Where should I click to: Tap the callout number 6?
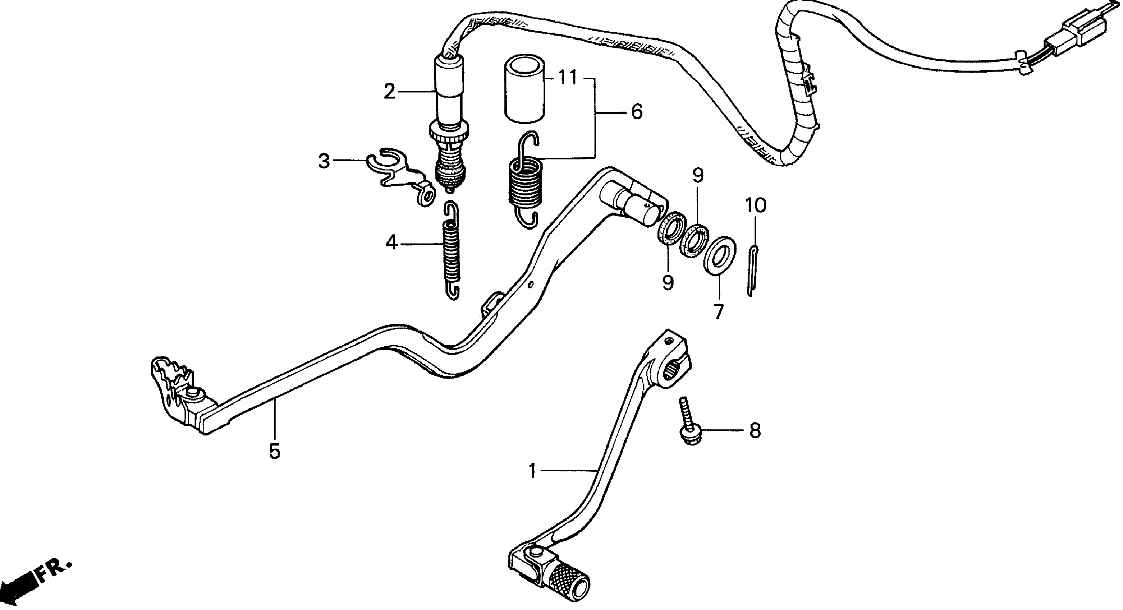(637, 112)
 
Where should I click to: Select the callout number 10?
(756, 205)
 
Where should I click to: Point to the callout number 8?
(755, 431)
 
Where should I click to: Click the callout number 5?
(275, 452)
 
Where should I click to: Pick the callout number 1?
(532, 471)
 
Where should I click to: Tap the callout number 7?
(718, 312)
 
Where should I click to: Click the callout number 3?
(324, 161)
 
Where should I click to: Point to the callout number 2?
(389, 92)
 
